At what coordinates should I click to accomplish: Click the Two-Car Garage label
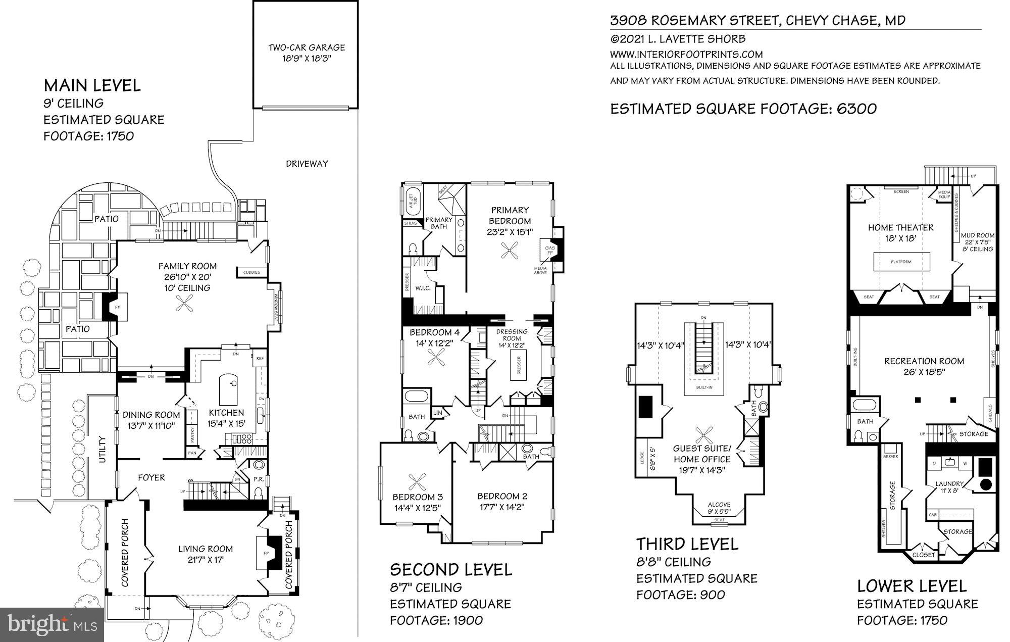306,48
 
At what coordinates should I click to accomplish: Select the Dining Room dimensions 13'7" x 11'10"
151,425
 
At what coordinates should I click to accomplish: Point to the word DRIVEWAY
307,164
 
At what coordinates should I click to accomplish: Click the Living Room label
205,549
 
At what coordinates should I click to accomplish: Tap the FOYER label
151,477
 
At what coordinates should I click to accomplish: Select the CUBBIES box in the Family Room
251,272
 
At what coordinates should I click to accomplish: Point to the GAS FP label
550,250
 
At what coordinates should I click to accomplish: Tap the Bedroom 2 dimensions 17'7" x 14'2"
501,507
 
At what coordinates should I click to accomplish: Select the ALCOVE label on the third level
719,504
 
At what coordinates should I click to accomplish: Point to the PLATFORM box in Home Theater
901,262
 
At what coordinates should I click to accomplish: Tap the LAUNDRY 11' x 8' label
949,484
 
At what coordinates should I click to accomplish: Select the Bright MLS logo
52,624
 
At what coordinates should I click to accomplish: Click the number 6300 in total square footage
853,109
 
